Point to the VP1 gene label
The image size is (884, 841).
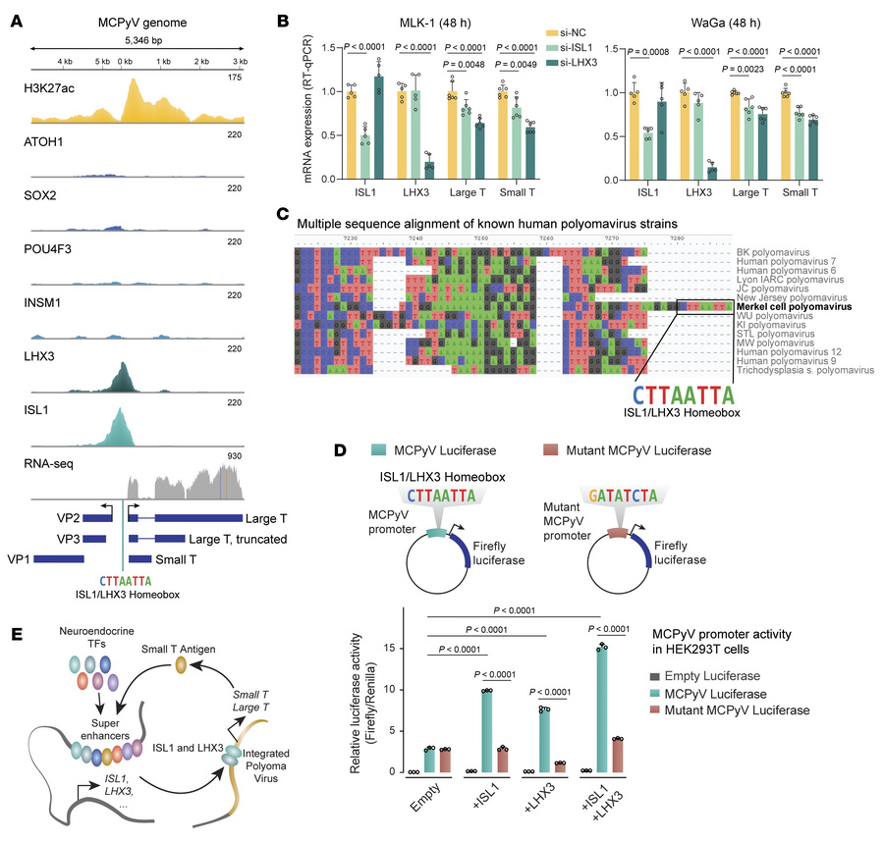(23, 556)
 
